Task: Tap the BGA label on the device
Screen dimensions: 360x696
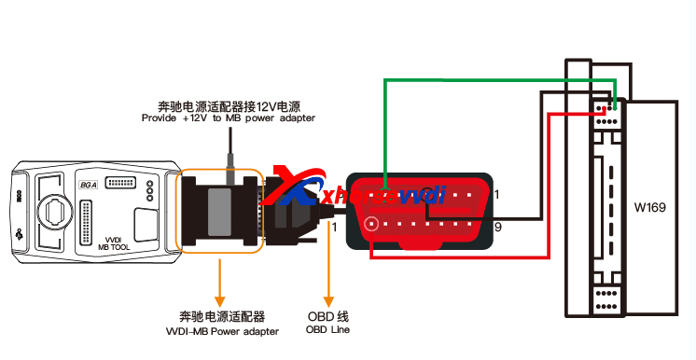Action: point(88,185)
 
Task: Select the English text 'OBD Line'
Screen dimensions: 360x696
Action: point(328,330)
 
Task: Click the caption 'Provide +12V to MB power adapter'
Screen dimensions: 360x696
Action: point(228,118)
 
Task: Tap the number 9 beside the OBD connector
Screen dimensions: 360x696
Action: point(498,227)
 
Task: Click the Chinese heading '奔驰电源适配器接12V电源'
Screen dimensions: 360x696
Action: point(227,105)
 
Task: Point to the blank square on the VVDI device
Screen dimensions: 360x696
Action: point(147,225)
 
